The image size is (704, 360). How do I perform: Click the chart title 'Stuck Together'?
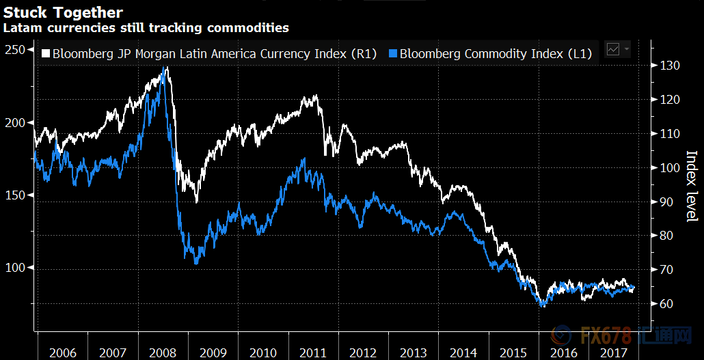point(64,12)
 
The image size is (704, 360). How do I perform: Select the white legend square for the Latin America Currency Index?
point(46,53)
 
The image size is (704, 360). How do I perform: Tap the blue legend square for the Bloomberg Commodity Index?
point(393,53)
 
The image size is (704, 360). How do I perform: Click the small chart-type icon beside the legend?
point(614,49)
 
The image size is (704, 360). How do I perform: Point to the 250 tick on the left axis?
point(15,50)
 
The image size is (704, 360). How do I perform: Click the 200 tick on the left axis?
point(15,122)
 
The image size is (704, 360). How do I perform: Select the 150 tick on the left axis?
point(15,195)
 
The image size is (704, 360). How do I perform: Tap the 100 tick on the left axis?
point(15,268)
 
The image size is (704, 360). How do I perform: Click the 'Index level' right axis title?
point(691,186)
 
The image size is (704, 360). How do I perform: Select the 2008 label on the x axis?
point(163,353)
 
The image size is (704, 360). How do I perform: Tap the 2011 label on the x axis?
point(313,353)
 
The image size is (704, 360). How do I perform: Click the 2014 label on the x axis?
point(463,353)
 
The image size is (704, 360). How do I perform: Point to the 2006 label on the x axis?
point(63,353)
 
